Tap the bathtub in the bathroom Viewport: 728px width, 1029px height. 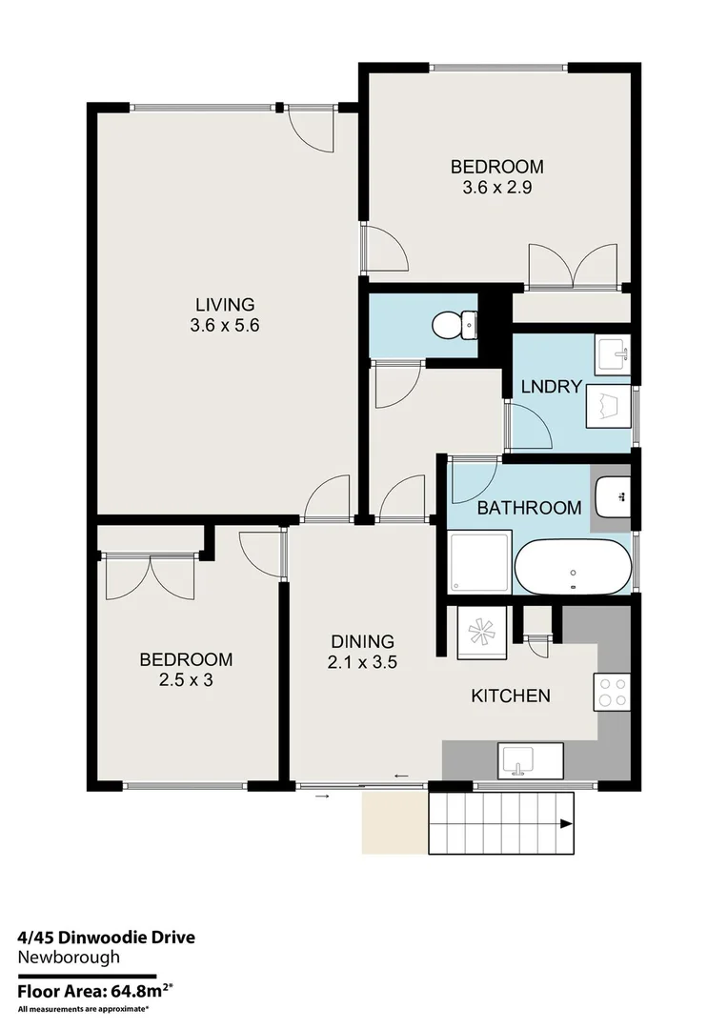coord(572,568)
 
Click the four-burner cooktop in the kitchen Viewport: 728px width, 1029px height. coord(611,691)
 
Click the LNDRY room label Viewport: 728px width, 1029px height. coord(551,387)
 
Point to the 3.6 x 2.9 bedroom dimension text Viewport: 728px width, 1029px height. coord(496,188)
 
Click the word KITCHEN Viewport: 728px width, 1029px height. coord(511,696)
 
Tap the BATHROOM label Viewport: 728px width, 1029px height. coord(529,508)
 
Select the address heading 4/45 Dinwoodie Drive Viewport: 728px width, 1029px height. coord(106,938)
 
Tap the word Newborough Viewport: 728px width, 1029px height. coord(69,958)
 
